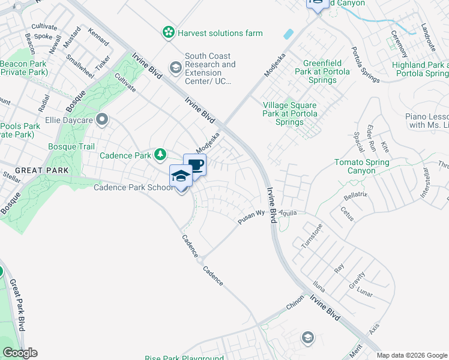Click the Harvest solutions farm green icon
pos(170,32)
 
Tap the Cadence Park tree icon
pos(160,155)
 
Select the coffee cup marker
pos(195,165)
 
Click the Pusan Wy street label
pos(252,217)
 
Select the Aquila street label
pos(288,212)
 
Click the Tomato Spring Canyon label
pos(362,167)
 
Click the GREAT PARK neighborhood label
pos(37,170)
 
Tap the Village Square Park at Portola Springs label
pos(290,114)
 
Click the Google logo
pos(19,353)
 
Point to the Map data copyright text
pos(411,355)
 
